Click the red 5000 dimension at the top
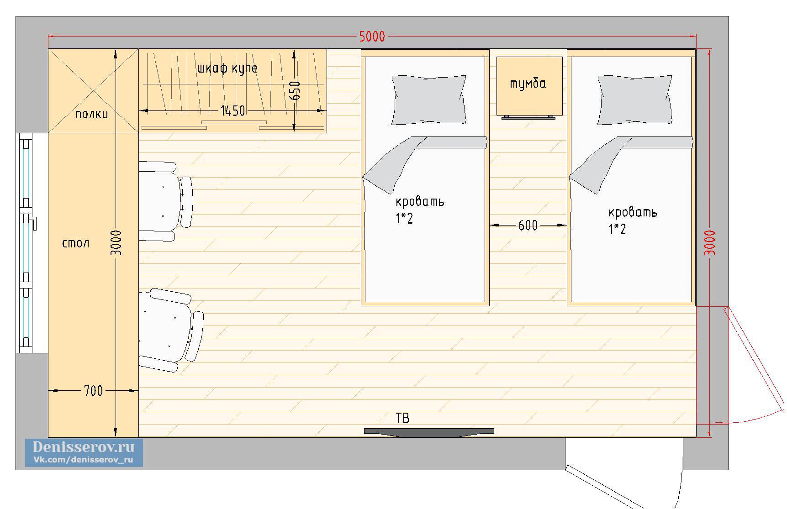[372, 37]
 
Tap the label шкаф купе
[227, 68]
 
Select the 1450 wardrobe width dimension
[232, 110]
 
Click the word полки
[92, 114]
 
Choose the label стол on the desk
[76, 243]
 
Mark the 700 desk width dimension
[93, 391]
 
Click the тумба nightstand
[529, 86]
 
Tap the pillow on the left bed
[429, 100]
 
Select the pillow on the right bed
[635, 100]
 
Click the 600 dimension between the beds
[528, 225]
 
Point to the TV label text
[402, 418]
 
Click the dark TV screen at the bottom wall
[429, 432]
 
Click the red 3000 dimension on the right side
[710, 243]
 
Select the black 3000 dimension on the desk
[116, 243]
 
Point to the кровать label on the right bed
[633, 212]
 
